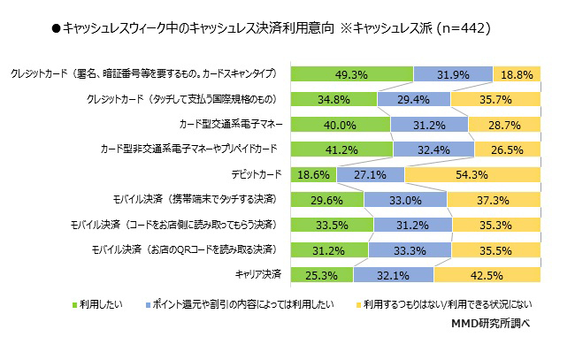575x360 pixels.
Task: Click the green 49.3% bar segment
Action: [x=351, y=73]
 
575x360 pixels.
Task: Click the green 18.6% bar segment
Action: [x=314, y=175]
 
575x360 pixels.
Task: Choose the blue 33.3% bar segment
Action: [x=410, y=250]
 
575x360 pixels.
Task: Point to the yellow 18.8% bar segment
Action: [x=517, y=73]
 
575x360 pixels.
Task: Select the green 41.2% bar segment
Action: [x=341, y=149]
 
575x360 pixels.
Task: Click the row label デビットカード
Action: [x=257, y=174]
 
